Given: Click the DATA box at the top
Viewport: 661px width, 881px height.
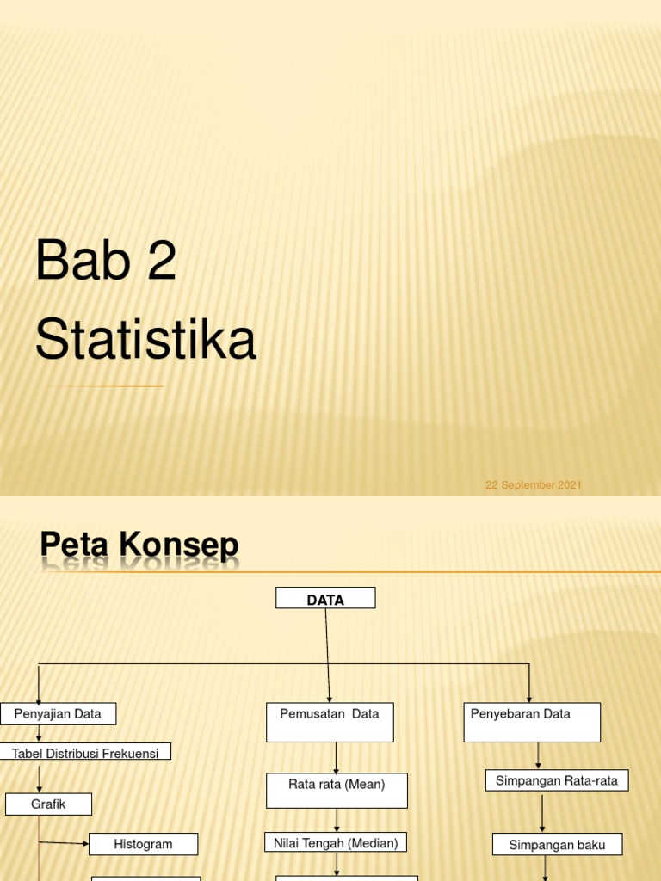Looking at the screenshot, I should (325, 598).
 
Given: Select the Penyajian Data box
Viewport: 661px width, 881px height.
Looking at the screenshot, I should (58, 713).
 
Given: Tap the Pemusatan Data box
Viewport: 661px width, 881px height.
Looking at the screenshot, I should (330, 722).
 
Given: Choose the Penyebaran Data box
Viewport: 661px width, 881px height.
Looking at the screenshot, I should (532, 722).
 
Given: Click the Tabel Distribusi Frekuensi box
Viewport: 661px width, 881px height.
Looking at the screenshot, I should (85, 752).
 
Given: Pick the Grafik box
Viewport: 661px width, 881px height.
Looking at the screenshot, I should (48, 804).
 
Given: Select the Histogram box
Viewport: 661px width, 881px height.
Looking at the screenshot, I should (143, 844).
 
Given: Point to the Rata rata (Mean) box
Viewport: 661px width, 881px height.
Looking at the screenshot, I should (337, 790).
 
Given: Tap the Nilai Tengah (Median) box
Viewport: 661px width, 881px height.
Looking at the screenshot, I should (336, 842).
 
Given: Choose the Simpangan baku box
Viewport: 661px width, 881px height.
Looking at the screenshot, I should (557, 845).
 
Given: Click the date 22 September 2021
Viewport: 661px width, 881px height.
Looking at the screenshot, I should (534, 485).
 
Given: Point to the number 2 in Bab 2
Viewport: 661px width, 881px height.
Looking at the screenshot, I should (162, 262).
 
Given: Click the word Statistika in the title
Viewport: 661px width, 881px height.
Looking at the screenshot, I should (145, 340).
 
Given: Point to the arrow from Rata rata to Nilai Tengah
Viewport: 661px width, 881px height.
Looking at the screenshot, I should (337, 820).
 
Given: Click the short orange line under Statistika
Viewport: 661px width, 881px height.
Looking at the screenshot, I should (108, 386).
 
